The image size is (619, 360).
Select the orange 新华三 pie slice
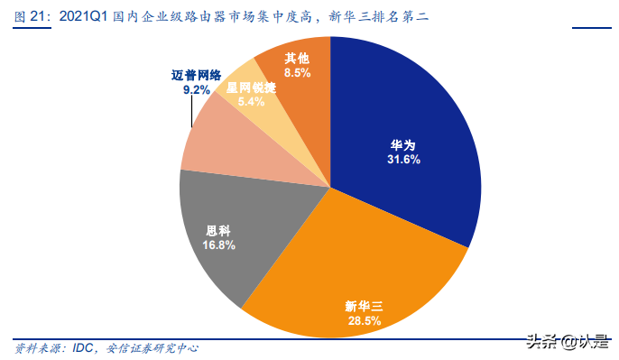point(361,271)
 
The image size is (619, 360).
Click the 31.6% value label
point(403,159)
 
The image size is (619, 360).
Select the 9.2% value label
point(196,90)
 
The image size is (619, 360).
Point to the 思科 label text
point(219,231)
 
